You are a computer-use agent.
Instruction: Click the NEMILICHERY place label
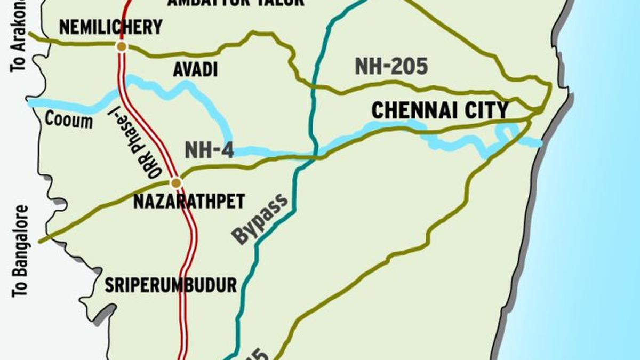(x=110, y=27)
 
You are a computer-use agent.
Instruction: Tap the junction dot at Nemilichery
(x=122, y=47)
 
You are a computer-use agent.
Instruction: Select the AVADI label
(x=195, y=69)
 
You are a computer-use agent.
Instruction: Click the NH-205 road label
(x=391, y=67)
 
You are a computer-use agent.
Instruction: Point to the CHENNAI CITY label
(x=439, y=110)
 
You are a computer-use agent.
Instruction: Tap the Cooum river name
(x=68, y=120)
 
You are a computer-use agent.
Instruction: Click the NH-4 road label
(x=209, y=150)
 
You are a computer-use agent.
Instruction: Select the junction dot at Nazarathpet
(x=175, y=183)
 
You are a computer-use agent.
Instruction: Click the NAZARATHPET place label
(x=188, y=202)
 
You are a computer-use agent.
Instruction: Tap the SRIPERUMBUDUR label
(x=170, y=285)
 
